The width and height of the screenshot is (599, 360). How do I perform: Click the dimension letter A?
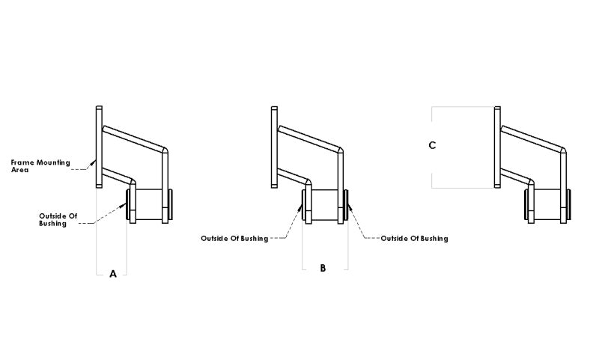pos(113,274)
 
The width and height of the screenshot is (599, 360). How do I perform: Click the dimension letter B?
pos(323,267)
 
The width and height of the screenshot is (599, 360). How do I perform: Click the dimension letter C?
pos(432,145)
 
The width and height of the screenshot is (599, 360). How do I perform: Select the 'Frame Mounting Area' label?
pos(40,165)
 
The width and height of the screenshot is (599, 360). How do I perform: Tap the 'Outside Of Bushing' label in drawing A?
pos(58,219)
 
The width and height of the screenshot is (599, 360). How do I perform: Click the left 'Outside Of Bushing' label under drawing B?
pos(234,238)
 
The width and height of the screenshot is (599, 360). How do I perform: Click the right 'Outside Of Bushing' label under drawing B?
pos(414,238)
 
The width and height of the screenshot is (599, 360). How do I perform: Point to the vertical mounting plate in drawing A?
pos(98,147)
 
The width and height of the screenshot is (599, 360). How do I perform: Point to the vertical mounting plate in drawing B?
pos(274,147)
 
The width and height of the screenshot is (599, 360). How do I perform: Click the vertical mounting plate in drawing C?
pos(496,147)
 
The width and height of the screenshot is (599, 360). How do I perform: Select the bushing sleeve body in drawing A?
pos(150,204)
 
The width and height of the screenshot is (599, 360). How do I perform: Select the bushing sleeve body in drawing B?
pos(325,204)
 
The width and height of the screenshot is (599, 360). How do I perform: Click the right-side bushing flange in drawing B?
pos(347,204)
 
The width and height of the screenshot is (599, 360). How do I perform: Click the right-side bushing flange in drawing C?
pos(571,204)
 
